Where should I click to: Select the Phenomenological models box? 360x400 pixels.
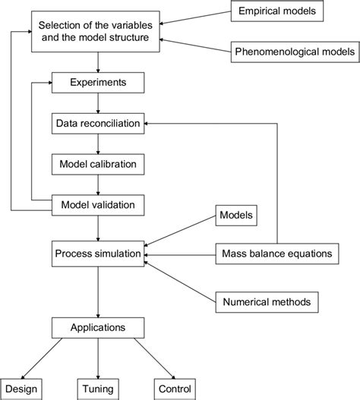[292, 52]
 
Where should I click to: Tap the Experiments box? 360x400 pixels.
[97, 80]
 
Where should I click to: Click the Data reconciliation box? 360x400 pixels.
[97, 122]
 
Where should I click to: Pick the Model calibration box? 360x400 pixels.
[97, 163]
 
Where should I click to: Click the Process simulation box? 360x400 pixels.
[97, 253]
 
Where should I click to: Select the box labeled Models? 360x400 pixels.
[237, 215]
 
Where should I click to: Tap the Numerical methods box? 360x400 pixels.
[266, 302]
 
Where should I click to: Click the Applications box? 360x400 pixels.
[97, 328]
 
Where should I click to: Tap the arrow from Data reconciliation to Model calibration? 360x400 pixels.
[97, 143]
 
